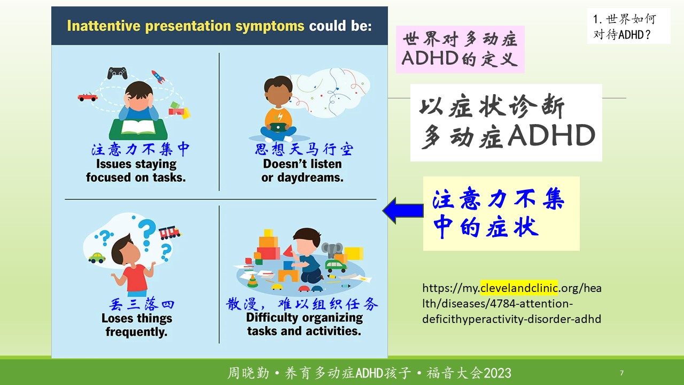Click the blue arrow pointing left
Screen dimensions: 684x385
pos(403,211)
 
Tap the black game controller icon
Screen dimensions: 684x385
pos(117,73)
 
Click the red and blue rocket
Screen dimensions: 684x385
pos(158,76)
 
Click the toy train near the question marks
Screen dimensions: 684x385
pos(170,233)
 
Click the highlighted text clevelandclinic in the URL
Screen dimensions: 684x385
pos(519,288)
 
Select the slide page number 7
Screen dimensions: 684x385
pos(621,373)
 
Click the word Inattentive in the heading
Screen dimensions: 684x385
pos(104,26)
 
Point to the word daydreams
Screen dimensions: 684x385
pos(310,178)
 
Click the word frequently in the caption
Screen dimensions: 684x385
pos(136,332)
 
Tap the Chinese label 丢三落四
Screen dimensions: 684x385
pos(142,304)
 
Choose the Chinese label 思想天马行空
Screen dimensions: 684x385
pos(304,149)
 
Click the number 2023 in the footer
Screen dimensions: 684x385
pos(498,373)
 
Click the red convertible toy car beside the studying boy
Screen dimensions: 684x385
pos(88,97)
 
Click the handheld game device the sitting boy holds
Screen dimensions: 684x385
pos(278,127)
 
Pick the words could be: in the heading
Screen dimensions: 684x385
pos(340,26)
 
